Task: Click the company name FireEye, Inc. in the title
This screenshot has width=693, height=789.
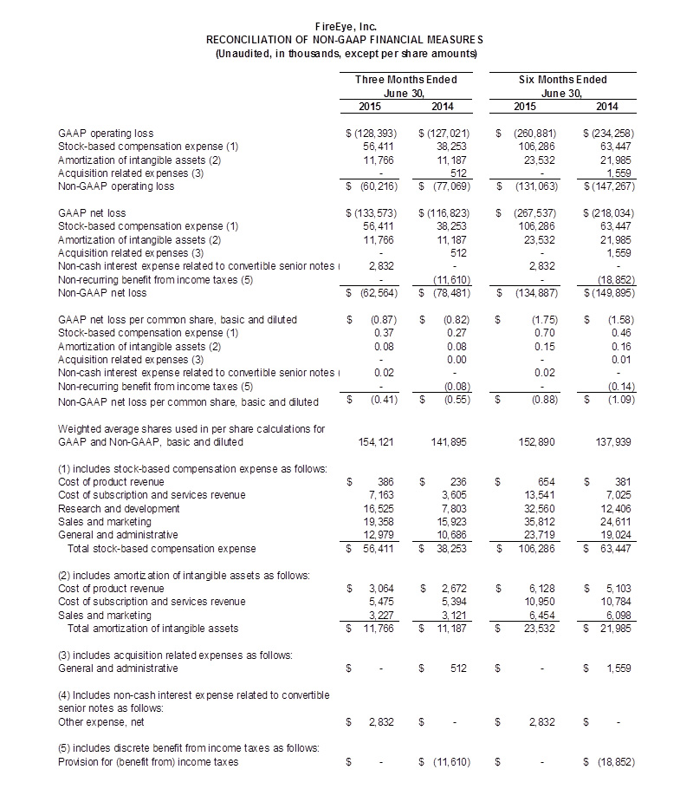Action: [x=346, y=27]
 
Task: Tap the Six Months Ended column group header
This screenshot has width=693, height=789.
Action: [x=562, y=80]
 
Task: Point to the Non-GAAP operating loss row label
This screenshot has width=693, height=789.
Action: [x=115, y=186]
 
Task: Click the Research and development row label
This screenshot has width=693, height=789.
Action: [x=105, y=508]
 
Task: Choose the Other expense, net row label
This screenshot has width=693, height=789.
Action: [x=94, y=721]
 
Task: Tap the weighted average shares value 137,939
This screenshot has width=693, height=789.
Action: [x=613, y=441]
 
